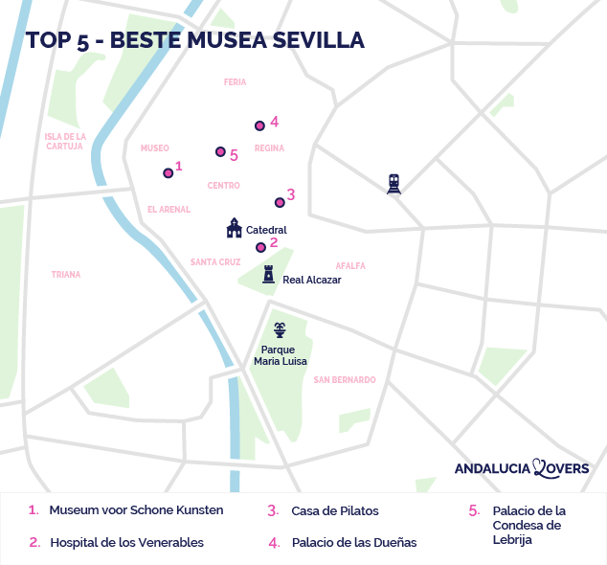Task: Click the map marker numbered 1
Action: [168, 173]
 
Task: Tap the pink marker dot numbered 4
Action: [259, 125]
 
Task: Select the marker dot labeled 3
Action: [280, 202]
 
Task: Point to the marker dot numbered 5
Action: [219, 152]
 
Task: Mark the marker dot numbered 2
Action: [260, 247]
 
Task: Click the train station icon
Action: [393, 183]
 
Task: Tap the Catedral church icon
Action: [234, 228]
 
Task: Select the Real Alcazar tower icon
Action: [269, 275]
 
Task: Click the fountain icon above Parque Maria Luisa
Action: [280, 330]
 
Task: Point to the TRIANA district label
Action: [66, 275]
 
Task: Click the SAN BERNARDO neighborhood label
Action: [345, 380]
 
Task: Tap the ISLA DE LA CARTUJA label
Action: [65, 142]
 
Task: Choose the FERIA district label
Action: [235, 83]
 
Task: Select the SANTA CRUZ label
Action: [215, 262]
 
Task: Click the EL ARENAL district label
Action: [169, 210]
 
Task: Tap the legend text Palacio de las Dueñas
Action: [354, 542]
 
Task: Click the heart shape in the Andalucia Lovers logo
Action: [542, 467]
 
